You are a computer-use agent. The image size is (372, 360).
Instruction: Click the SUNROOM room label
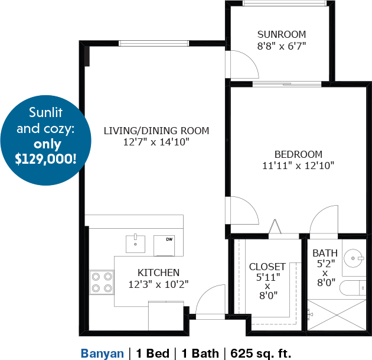click(282, 34)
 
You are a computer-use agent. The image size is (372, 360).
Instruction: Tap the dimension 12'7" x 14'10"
click(156, 142)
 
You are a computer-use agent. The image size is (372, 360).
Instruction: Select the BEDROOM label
click(298, 154)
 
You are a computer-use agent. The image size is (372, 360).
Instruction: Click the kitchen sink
click(135, 244)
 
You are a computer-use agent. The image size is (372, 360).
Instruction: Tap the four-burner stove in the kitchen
click(102, 283)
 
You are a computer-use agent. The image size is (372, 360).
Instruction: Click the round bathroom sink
click(354, 258)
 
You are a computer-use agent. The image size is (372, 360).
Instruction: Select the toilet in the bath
click(353, 288)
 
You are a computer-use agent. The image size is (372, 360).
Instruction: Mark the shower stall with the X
click(337, 315)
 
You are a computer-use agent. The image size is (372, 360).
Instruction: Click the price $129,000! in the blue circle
click(46, 159)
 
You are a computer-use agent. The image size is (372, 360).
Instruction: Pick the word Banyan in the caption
click(102, 353)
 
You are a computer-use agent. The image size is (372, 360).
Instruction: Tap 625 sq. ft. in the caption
click(261, 353)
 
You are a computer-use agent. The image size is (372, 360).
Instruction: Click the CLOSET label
click(267, 267)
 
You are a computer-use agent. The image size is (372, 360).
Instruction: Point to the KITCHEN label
click(158, 273)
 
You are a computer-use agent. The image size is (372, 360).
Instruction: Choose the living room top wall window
click(154, 43)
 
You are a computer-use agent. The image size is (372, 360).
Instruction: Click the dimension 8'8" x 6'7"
click(282, 46)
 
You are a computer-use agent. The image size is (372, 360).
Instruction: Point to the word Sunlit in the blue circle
click(46, 112)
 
